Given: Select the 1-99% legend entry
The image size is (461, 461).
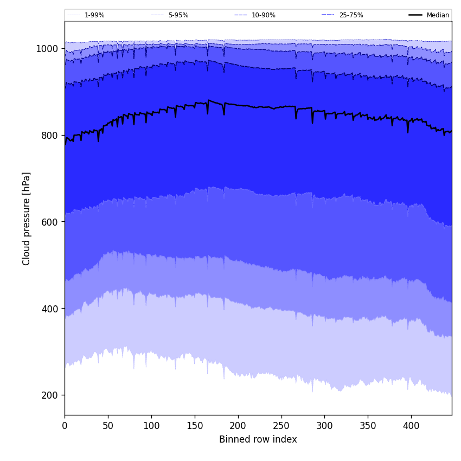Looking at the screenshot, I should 94,15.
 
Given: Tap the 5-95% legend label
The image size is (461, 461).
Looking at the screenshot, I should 178,15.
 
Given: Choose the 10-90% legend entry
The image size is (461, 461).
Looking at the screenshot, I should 263,15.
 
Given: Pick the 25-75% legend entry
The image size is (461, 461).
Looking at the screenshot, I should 351,15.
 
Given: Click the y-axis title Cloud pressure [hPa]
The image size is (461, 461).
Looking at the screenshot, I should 27,219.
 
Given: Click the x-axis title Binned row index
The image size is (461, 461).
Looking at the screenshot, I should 258,440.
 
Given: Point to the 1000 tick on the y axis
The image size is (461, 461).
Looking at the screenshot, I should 47,49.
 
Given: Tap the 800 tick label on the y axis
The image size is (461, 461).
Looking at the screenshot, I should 49,136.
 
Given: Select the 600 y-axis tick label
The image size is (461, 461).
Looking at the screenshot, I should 49,222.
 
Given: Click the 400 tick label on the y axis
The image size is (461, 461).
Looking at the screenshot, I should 49,309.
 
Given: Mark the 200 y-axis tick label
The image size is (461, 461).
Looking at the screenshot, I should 49,395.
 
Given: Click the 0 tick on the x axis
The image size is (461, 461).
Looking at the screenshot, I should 65,426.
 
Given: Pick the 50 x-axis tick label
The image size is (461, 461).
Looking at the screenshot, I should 108,426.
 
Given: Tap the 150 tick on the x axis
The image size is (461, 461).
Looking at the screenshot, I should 195,426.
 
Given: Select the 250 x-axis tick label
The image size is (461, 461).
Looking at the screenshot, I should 281,426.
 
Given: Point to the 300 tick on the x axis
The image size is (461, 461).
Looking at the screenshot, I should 324,426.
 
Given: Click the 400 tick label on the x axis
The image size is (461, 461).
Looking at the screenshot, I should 411,426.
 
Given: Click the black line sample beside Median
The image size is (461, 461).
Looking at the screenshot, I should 415,15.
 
